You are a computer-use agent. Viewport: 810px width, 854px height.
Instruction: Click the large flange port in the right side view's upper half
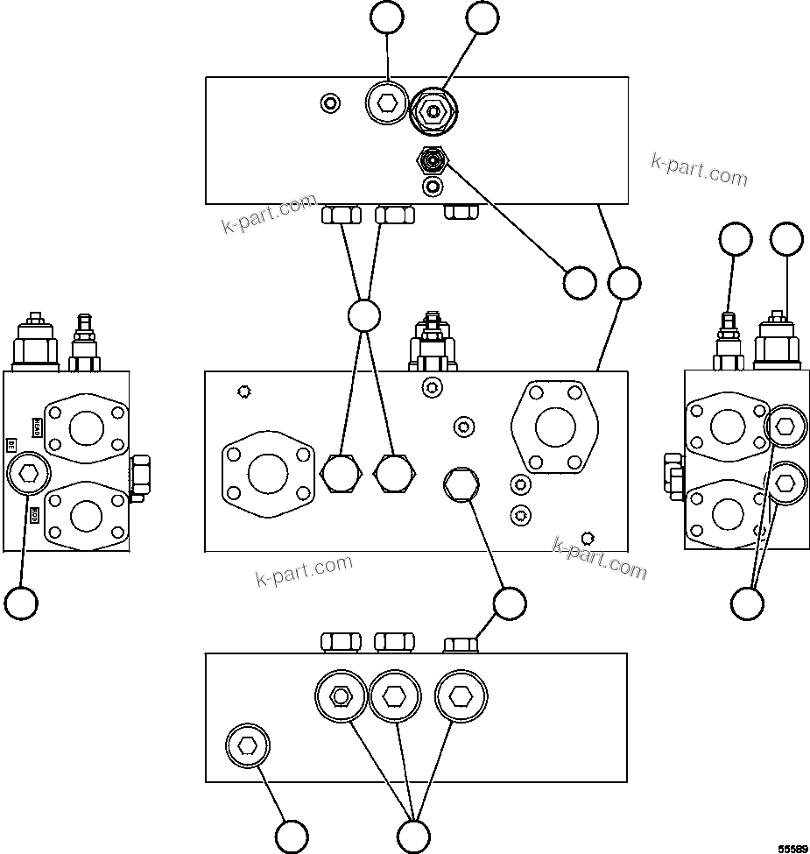click(727, 427)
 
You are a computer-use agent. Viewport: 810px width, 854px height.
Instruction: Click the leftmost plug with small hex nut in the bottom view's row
click(340, 696)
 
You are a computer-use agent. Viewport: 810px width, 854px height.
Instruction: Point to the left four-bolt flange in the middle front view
click(268, 474)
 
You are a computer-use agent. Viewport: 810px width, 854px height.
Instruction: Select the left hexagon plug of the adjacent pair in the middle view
click(342, 474)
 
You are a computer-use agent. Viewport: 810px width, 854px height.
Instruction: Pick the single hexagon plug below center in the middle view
click(461, 483)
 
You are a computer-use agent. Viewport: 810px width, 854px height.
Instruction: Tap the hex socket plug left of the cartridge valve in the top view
click(386, 104)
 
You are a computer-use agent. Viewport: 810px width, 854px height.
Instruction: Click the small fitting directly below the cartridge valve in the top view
click(432, 160)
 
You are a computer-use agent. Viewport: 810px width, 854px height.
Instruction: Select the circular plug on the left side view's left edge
click(28, 475)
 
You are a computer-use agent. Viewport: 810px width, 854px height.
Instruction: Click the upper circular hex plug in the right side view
click(785, 427)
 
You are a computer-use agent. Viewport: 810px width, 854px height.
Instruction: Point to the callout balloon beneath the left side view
click(21, 603)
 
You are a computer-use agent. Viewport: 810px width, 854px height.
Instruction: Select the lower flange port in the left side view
click(86, 515)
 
